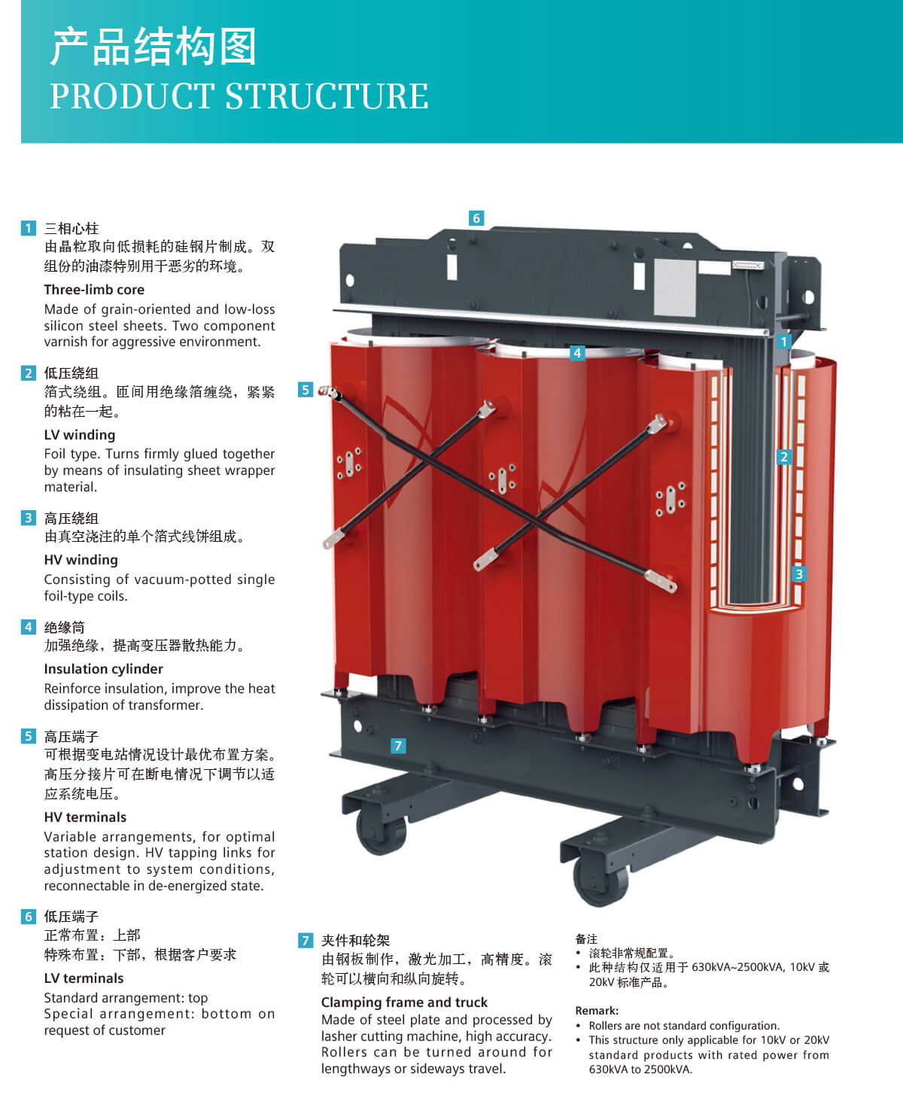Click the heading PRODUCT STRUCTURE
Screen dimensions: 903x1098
[239, 96]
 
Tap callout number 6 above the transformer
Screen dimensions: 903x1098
[476, 217]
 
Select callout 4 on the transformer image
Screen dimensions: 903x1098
[577, 353]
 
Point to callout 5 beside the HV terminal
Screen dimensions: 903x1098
[306, 389]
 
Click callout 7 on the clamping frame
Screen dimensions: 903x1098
[398, 746]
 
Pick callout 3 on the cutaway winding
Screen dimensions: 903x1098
[799, 573]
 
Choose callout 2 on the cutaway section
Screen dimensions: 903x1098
[784, 457]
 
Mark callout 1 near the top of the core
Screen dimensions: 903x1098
[784, 342]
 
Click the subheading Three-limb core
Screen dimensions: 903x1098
[94, 290]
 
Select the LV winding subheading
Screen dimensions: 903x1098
[80, 435]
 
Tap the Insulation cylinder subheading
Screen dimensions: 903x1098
[104, 668]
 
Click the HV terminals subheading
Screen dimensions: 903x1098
[85, 817]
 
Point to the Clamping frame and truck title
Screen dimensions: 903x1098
[404, 1002]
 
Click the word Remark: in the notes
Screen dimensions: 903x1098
[597, 1011]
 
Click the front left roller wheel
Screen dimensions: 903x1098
[381, 832]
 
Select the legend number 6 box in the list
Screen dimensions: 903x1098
[29, 917]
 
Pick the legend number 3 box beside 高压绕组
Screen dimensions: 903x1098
[29, 518]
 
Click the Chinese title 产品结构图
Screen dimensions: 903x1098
[153, 47]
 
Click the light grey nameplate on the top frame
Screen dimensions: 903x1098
[675, 287]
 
